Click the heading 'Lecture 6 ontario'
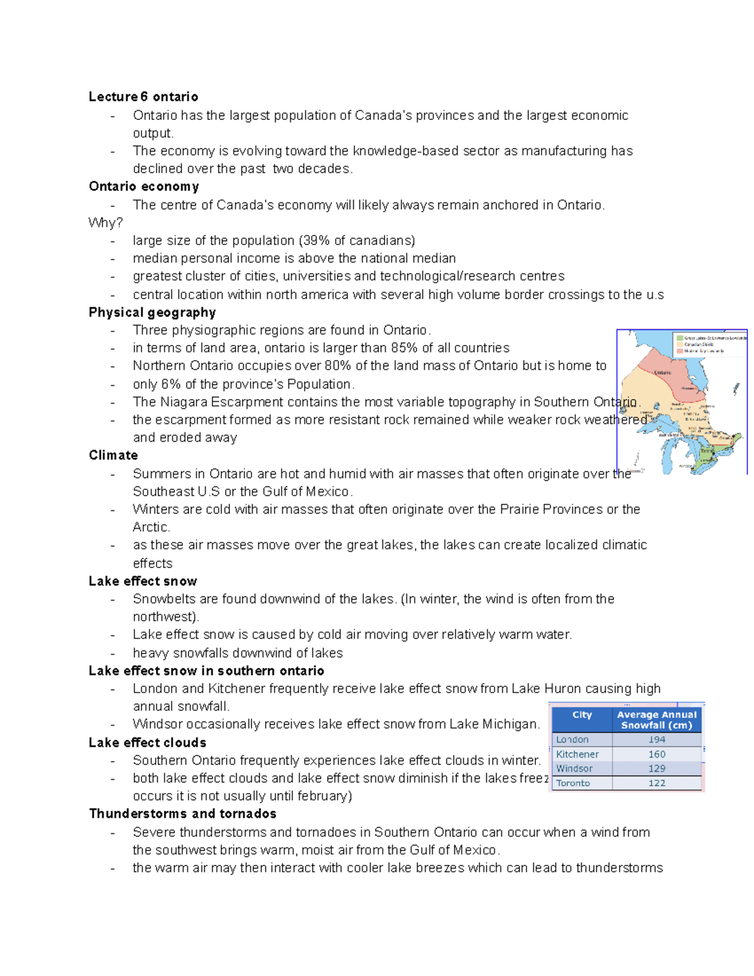pos(143,97)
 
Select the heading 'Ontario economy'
pos(144,187)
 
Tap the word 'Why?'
pos(106,223)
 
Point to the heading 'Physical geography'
pos(152,312)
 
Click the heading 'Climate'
pos(113,456)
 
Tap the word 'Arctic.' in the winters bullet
pos(151,527)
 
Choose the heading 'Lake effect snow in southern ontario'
pos(206,671)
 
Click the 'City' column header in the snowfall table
pos(582,715)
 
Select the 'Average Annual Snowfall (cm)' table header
pos(657,720)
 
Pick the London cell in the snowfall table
pos(572,740)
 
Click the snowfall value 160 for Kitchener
pos(657,754)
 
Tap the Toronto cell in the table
pos(573,783)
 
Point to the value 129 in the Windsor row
pos(657,769)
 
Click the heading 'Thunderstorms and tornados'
pos(182,814)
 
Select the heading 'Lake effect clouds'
pos(147,743)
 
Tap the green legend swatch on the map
pos(679,337)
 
